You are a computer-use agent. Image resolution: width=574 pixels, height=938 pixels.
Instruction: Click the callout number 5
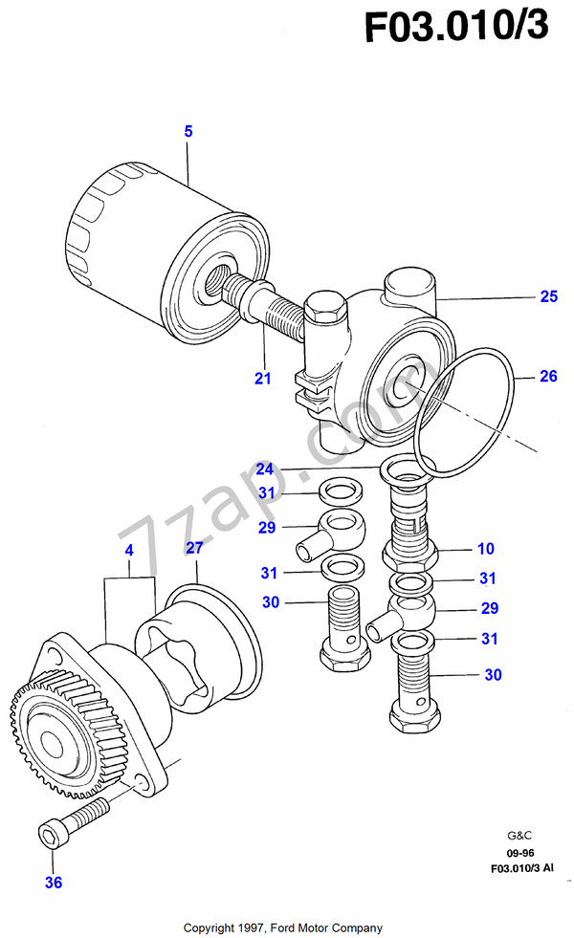[188, 132]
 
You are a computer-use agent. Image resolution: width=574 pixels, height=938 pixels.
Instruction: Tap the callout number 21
[262, 379]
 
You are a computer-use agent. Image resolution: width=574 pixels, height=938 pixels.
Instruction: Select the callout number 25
[547, 297]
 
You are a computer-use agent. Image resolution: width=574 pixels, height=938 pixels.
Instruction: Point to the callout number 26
[547, 377]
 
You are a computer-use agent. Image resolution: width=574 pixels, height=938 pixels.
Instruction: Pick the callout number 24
[265, 469]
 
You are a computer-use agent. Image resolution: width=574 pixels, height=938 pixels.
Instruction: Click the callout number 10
[486, 549]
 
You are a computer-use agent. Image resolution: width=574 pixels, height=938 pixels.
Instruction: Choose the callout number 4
[128, 552]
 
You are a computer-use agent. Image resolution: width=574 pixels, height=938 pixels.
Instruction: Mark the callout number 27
[194, 548]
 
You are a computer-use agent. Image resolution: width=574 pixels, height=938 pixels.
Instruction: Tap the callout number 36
[54, 883]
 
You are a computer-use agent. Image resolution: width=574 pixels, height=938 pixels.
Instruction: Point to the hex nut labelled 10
[410, 554]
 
